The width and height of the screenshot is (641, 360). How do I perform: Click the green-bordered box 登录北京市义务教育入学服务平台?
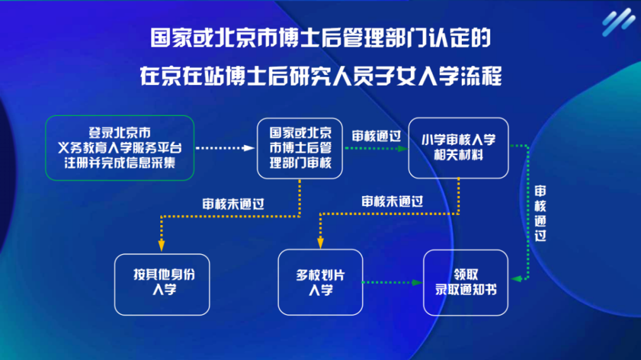click(119, 148)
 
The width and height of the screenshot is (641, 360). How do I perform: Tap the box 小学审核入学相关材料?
click(459, 148)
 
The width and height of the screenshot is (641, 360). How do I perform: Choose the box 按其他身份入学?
click(162, 282)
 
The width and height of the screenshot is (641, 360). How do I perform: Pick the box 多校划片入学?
click(320, 282)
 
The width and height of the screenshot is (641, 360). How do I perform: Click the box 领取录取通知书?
click(466, 282)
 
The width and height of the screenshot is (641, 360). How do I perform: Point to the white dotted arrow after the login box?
click(225, 149)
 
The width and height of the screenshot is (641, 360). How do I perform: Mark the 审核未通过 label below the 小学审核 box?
click(392, 202)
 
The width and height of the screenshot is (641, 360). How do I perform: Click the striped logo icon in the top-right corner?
click(617, 23)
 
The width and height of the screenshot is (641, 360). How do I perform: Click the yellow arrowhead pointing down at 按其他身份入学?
click(162, 248)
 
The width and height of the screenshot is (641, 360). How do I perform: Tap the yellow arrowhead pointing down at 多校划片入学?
click(320, 245)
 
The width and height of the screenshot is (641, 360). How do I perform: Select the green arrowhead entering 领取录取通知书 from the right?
click(514, 278)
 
